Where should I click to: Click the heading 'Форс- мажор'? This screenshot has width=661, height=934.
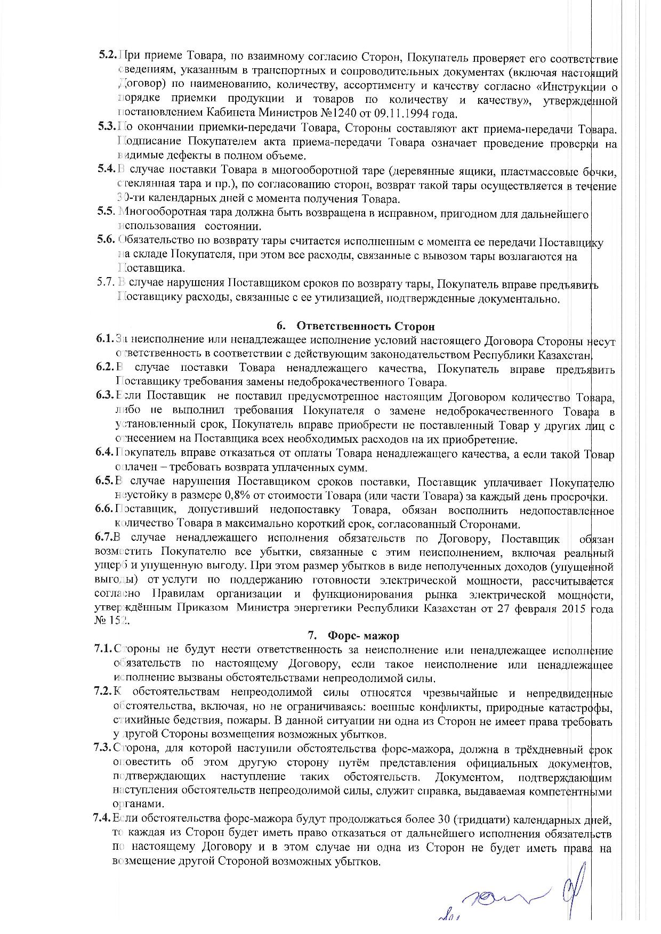coord(363,636)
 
